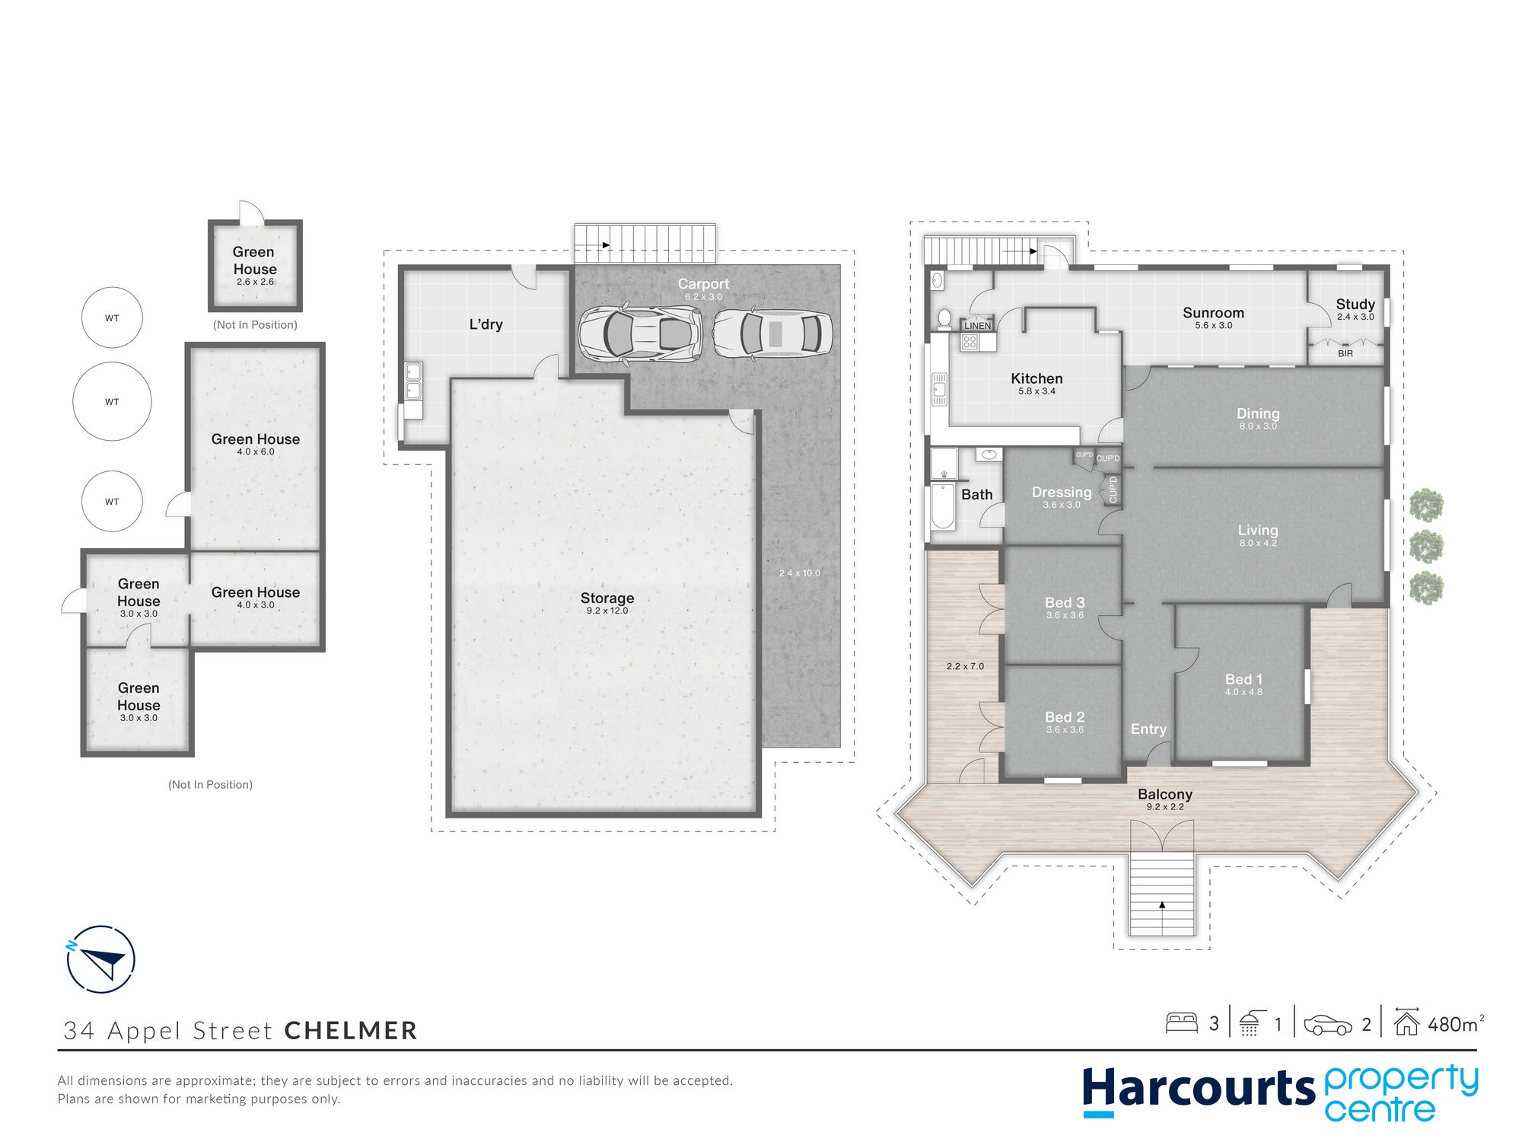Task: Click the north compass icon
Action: click(100, 959)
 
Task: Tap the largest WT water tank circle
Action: click(112, 401)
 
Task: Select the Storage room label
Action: click(607, 598)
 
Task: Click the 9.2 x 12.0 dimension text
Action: click(607, 611)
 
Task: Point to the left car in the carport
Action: click(638, 333)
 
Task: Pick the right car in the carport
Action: click(772, 333)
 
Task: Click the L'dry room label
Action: click(486, 324)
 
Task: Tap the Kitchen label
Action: click(1036, 378)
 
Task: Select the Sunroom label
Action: click(1213, 313)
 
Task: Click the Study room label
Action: click(1355, 305)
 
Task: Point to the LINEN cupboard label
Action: click(978, 326)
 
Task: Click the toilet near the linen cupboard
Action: click(944, 318)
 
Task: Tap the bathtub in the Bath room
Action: click(943, 506)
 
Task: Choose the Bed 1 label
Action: click(1243, 679)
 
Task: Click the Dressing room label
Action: click(1062, 493)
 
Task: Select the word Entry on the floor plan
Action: click(1148, 729)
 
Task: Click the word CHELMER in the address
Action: click(351, 1030)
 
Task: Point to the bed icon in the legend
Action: click(1182, 1022)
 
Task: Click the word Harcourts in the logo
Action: click(1199, 1088)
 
